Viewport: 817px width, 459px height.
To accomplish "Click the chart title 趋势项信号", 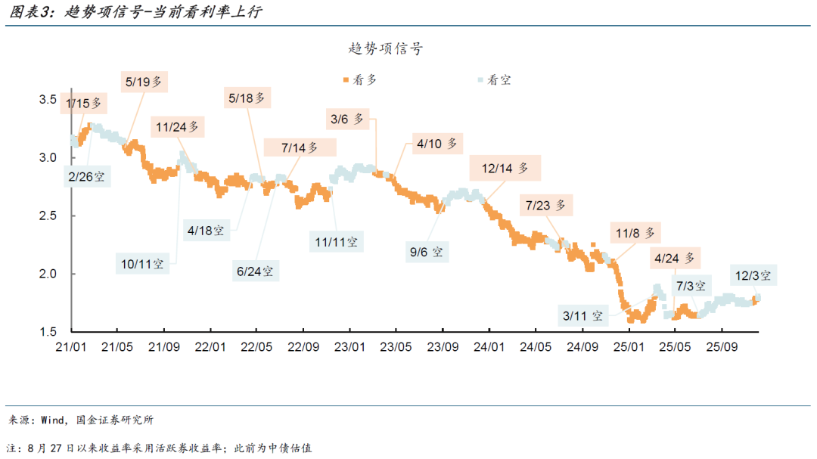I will [385, 49].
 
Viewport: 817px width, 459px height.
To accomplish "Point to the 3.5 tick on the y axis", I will [49, 100].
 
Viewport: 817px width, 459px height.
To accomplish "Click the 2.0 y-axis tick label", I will [49, 274].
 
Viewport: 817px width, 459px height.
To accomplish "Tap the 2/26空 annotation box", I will [86, 177].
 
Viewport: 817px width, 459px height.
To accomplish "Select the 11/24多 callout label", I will [178, 127].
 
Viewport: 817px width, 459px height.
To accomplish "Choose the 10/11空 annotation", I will [143, 264].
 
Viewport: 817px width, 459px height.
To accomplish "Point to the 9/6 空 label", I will [427, 250].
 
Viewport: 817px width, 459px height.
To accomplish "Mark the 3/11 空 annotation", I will [583, 315].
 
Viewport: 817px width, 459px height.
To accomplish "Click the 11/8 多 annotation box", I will [636, 233].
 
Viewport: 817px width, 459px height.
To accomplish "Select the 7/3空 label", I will [691, 286].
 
